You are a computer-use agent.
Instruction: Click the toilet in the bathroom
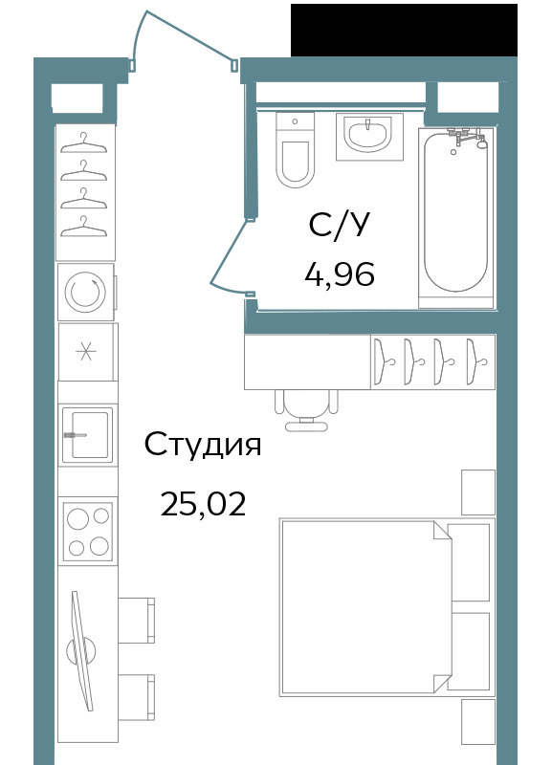click(295, 150)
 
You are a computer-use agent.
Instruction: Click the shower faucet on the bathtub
click(467, 137)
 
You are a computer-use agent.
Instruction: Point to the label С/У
click(339, 226)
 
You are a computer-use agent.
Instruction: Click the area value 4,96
click(340, 273)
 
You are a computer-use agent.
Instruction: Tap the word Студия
click(203, 445)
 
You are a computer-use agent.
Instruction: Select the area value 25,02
click(203, 504)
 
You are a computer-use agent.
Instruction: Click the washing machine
click(87, 293)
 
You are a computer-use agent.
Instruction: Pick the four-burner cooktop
click(88, 532)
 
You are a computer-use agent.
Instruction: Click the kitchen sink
click(87, 434)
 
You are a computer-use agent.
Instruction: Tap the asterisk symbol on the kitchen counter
click(86, 351)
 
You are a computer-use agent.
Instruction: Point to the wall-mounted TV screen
click(81, 651)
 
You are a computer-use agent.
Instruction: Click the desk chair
click(306, 410)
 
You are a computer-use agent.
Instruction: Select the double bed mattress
click(366, 606)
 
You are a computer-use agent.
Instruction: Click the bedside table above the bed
click(478, 492)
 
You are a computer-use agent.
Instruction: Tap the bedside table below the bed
click(478, 722)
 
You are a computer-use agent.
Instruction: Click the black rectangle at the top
click(404, 31)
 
